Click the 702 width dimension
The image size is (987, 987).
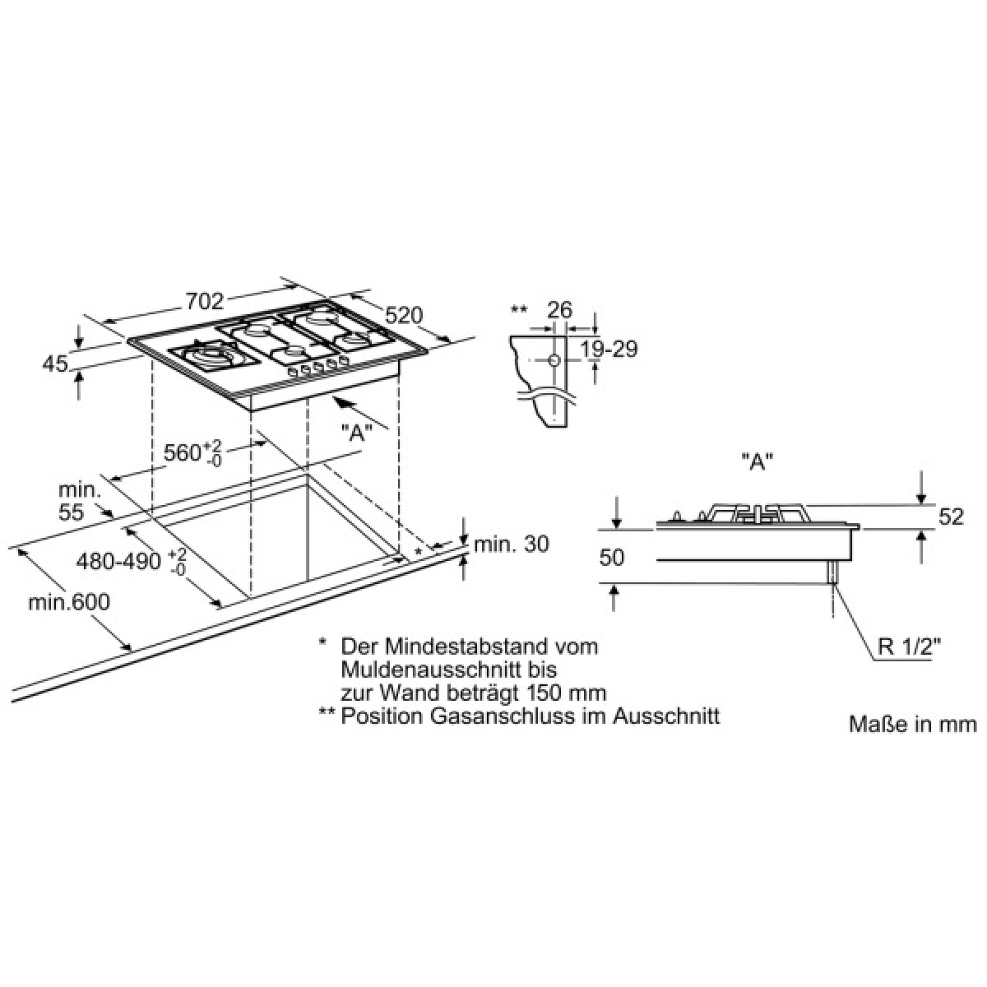pyautogui.click(x=205, y=301)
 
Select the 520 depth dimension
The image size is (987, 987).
pyautogui.click(x=404, y=316)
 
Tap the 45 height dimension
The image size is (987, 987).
pyautogui.click(x=55, y=364)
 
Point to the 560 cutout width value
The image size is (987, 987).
pyautogui.click(x=183, y=452)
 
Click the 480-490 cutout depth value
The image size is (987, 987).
pyautogui.click(x=118, y=562)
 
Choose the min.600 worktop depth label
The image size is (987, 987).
pyautogui.click(x=69, y=602)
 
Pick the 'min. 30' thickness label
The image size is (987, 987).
pyautogui.click(x=511, y=544)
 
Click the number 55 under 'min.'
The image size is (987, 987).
pyautogui.click(x=71, y=512)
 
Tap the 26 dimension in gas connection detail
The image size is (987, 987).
pyautogui.click(x=560, y=310)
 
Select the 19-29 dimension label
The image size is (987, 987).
pyautogui.click(x=609, y=350)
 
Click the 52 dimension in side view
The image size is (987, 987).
pyautogui.click(x=951, y=517)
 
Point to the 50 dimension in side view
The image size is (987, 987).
pyautogui.click(x=612, y=558)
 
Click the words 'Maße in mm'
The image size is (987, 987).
pyautogui.click(x=913, y=725)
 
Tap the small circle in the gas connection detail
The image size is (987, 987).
pyautogui.click(x=554, y=360)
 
